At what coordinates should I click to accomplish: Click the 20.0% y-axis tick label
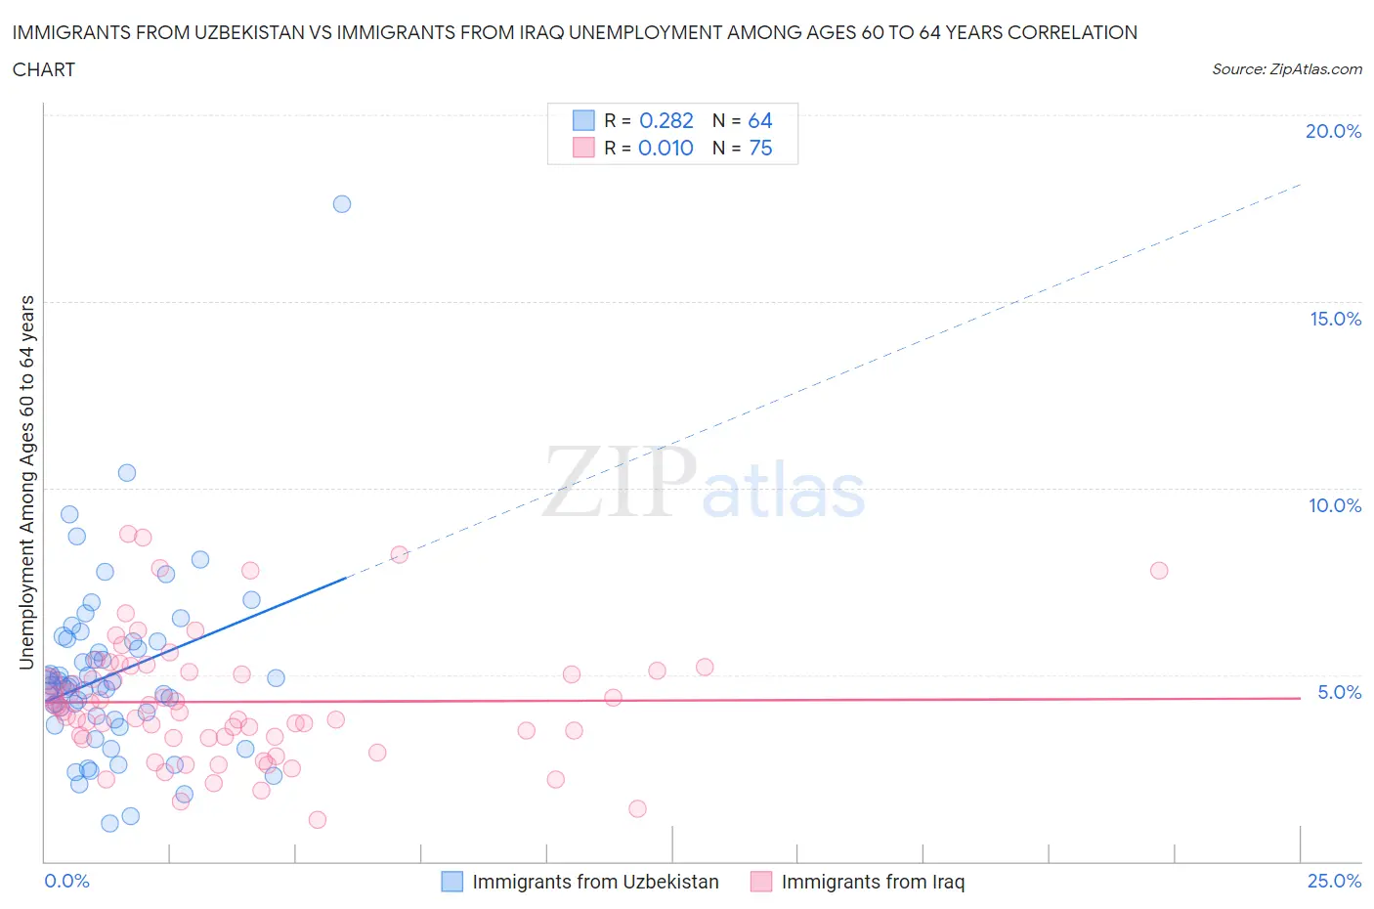pos(1333,131)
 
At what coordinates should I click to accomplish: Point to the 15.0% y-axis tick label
pos(1335,319)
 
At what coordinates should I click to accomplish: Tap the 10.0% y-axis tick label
pos(1335,505)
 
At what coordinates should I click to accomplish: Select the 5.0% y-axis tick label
pos(1339,692)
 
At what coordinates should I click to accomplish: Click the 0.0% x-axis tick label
pos(66,881)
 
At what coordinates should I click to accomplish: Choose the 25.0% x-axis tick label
pos(1334,881)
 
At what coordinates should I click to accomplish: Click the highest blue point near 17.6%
pos(342,204)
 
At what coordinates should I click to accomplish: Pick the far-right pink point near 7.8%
pos(1159,570)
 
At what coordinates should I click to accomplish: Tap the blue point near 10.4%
pos(127,473)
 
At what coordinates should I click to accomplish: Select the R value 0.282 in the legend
pos(666,120)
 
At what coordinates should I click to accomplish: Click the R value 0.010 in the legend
pos(666,148)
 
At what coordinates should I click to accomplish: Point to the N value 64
pos(759,120)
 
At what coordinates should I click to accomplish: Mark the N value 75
pos(759,148)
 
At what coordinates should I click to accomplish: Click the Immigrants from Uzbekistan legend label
pos(595,882)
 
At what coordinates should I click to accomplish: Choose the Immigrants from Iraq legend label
pos(873,882)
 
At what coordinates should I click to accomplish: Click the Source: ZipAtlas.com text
pos(1286,69)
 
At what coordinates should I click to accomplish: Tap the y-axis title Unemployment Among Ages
pos(27,483)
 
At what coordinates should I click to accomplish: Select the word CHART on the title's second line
pos(44,69)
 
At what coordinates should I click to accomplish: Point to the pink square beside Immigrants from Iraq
pos(760,882)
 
